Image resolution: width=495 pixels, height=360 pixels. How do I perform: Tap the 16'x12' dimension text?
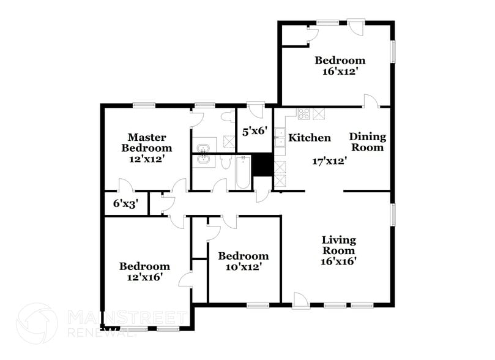340,71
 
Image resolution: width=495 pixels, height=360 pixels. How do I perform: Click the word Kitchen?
310,138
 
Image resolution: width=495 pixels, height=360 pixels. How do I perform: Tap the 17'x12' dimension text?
330,162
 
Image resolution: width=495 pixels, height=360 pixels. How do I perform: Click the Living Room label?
338,245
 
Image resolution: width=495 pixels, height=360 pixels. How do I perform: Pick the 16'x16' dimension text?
338,261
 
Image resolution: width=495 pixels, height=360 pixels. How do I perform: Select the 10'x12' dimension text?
243,267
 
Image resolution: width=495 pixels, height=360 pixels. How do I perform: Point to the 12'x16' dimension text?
144,277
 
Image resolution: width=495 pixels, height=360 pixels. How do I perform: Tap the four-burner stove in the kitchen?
304,113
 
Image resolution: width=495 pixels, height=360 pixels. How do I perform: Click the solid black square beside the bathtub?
262,165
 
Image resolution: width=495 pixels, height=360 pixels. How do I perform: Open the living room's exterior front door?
299,301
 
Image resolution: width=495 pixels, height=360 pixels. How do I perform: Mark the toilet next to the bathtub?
224,163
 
